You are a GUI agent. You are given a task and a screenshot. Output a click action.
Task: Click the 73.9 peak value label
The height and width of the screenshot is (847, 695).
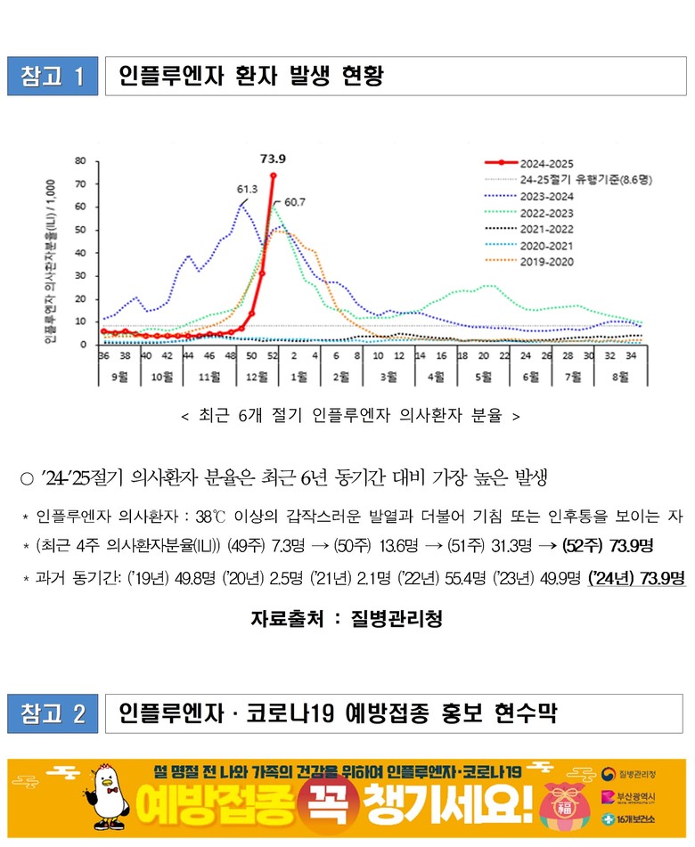(x=273, y=159)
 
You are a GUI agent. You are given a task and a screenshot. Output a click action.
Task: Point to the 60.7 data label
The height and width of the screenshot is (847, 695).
(x=295, y=202)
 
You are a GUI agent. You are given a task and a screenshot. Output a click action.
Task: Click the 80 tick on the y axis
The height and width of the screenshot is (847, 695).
(x=80, y=161)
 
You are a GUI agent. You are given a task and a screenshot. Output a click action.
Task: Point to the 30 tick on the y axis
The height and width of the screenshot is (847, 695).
(x=80, y=275)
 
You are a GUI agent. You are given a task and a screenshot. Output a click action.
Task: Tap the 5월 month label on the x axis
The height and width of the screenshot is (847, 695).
(x=482, y=376)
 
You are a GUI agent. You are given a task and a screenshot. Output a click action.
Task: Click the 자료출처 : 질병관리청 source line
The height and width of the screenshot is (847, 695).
(x=347, y=618)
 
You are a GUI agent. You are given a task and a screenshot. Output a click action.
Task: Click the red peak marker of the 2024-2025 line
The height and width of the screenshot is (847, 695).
(x=273, y=175)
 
